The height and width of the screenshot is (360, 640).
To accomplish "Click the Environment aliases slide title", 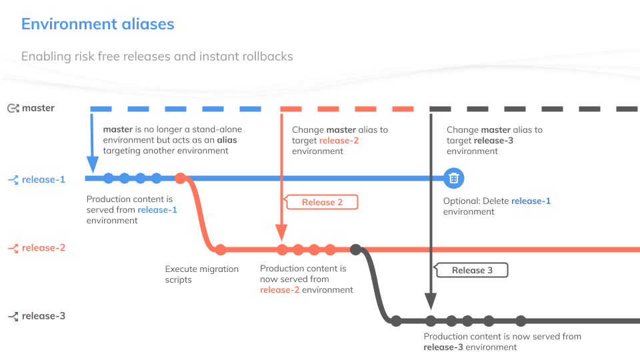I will pyautogui.click(x=97, y=25).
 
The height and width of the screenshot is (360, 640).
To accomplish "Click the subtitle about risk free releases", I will pyautogui.click(x=157, y=56).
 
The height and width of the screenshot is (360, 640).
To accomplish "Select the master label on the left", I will pyautogui.click(x=38, y=108).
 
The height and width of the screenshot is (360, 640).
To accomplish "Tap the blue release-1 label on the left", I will pyautogui.click(x=43, y=179).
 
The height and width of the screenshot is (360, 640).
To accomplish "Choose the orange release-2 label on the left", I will pyautogui.click(x=43, y=248).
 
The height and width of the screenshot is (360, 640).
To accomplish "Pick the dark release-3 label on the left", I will pyautogui.click(x=43, y=316).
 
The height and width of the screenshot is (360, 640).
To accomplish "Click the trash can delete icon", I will pyautogui.click(x=453, y=178).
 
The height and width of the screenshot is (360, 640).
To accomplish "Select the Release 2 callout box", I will pyautogui.click(x=322, y=202).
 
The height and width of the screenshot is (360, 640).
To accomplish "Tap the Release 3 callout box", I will pyautogui.click(x=472, y=270).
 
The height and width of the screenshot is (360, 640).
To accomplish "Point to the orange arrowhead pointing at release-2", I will pyautogui.click(x=282, y=233).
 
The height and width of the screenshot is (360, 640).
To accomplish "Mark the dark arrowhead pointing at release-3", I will pyautogui.click(x=431, y=302).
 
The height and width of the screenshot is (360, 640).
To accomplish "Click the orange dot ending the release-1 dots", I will pyautogui.click(x=180, y=178).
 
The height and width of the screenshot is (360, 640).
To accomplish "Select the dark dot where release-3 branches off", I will pyautogui.click(x=356, y=250).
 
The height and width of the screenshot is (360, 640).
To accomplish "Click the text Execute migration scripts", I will pyautogui.click(x=201, y=274).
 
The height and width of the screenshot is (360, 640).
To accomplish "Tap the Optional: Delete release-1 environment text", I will pyautogui.click(x=497, y=206).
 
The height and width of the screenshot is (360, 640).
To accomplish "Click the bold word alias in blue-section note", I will pyautogui.click(x=227, y=140).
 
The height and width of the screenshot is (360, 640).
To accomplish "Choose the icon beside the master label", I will pyautogui.click(x=13, y=108).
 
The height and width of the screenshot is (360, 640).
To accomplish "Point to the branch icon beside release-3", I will pyautogui.click(x=13, y=316).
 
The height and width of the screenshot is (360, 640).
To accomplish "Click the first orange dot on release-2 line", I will pyautogui.click(x=221, y=250).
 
